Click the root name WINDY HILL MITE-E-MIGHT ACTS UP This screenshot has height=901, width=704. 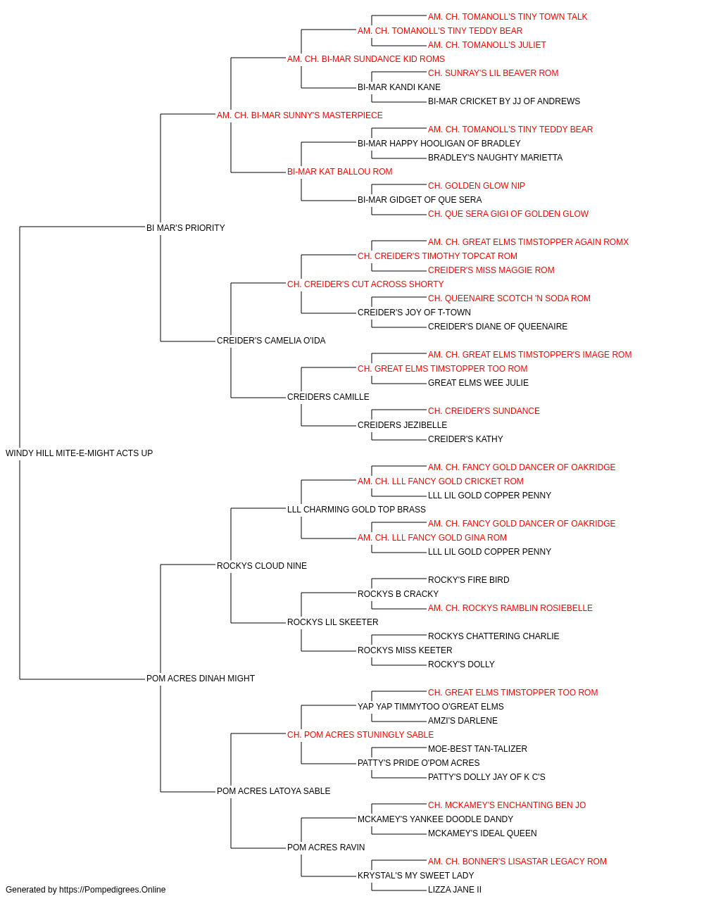[x=79, y=453]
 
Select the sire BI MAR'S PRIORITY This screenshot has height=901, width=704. [x=185, y=228]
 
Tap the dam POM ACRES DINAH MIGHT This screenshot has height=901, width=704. [x=200, y=679]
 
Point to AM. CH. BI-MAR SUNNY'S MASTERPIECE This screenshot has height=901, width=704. [x=299, y=115]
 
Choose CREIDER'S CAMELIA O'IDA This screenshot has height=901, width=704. [x=271, y=341]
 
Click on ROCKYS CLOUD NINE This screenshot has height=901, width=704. [x=262, y=565]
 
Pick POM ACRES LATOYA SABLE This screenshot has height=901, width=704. [x=273, y=790]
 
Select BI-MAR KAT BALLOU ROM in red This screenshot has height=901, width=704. [x=339, y=172]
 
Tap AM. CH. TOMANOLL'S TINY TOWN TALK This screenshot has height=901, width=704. [x=508, y=17]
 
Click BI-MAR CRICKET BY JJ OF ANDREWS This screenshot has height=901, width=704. [x=504, y=101]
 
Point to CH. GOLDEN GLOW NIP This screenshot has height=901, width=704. [x=477, y=186]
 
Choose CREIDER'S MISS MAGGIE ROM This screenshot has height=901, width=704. [x=491, y=270]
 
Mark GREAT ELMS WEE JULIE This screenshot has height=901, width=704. [x=478, y=383]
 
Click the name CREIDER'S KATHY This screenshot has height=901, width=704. [x=465, y=439]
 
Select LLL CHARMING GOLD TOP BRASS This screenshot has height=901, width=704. [x=356, y=509]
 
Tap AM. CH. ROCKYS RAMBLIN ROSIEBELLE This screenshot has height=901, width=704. [x=510, y=608]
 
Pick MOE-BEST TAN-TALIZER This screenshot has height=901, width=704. [x=477, y=748]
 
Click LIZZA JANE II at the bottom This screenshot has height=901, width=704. [x=454, y=890]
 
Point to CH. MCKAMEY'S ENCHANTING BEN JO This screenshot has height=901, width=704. [x=507, y=805]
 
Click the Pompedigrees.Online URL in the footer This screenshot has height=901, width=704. [x=112, y=890]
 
